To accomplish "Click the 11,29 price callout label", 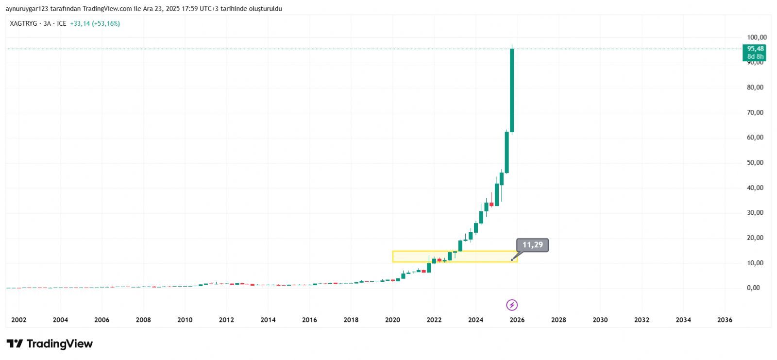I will [532, 245].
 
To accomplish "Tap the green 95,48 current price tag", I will [755, 49].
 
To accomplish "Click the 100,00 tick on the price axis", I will [757, 37].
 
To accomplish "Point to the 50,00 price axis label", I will [755, 163].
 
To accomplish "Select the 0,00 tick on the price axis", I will [753, 288].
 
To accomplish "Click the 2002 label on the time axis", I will [19, 320].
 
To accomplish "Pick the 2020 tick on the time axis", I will [392, 320].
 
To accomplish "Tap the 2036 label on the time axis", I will [725, 320].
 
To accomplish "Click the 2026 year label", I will [517, 320].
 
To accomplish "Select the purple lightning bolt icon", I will [512, 305].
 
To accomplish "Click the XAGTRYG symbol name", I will [23, 23].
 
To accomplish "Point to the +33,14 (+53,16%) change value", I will [95, 23].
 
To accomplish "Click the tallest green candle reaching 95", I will [512, 90].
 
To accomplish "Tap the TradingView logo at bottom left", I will [50, 344].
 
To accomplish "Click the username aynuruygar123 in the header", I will [27, 9].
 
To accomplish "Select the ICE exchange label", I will [62, 23].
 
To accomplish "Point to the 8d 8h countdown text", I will [755, 57].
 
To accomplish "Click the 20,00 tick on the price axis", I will [755, 238].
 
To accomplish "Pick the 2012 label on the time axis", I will [226, 320].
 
